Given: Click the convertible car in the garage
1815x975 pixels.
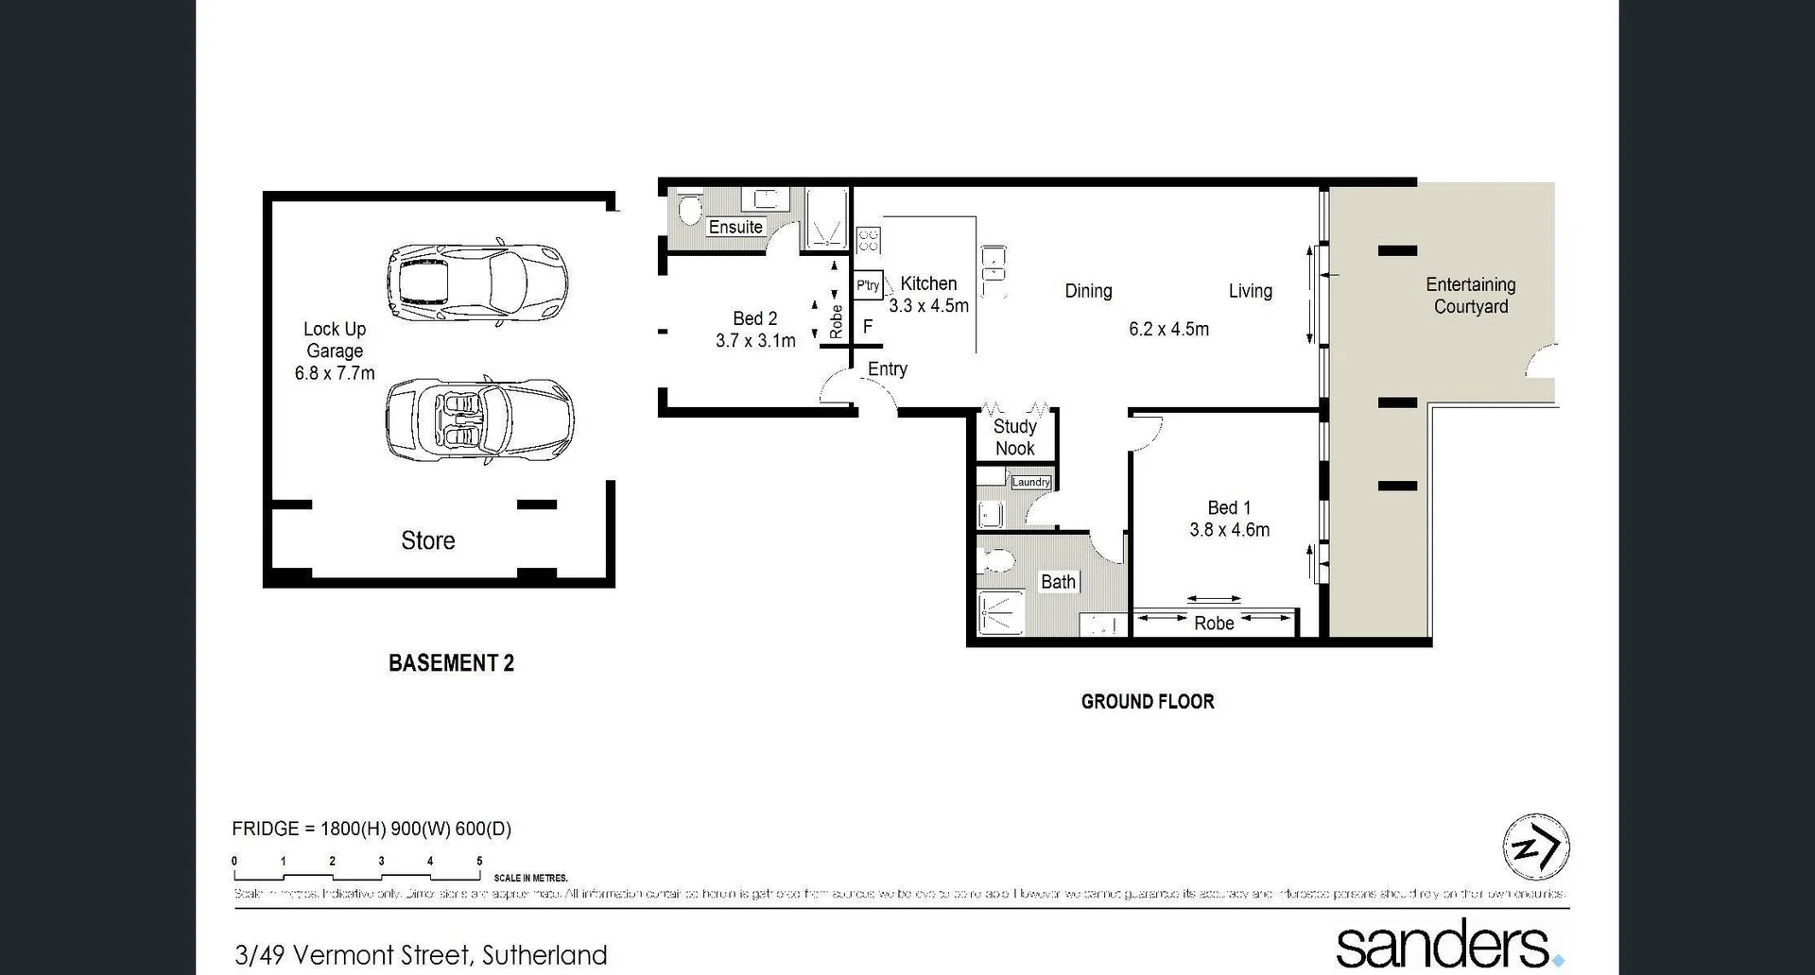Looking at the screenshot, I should click(478, 419).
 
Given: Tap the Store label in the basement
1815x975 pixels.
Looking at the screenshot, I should click(427, 540).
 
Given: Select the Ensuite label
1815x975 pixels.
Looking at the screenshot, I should click(735, 227).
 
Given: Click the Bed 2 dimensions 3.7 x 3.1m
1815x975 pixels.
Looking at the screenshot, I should click(755, 341).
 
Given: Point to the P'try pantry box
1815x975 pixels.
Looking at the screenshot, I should click(868, 284).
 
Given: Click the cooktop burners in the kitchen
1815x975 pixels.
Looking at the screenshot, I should click(868, 240).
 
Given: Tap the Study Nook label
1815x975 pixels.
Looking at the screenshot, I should click(1014, 437).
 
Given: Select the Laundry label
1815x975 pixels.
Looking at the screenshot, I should click(1030, 482).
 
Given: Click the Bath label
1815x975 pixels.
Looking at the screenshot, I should click(1058, 582).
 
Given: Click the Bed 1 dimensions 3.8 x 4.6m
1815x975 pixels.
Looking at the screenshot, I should click(1229, 530).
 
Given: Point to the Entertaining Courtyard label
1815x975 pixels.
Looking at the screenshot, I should click(1470, 295).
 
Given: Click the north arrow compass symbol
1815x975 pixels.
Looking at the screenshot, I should click(1536, 847).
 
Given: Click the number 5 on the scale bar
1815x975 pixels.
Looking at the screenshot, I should click(479, 861).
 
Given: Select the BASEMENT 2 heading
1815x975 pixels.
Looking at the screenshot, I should click(451, 663).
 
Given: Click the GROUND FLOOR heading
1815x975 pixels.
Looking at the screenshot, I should click(1148, 701).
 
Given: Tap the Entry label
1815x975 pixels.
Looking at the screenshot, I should click(887, 369).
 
